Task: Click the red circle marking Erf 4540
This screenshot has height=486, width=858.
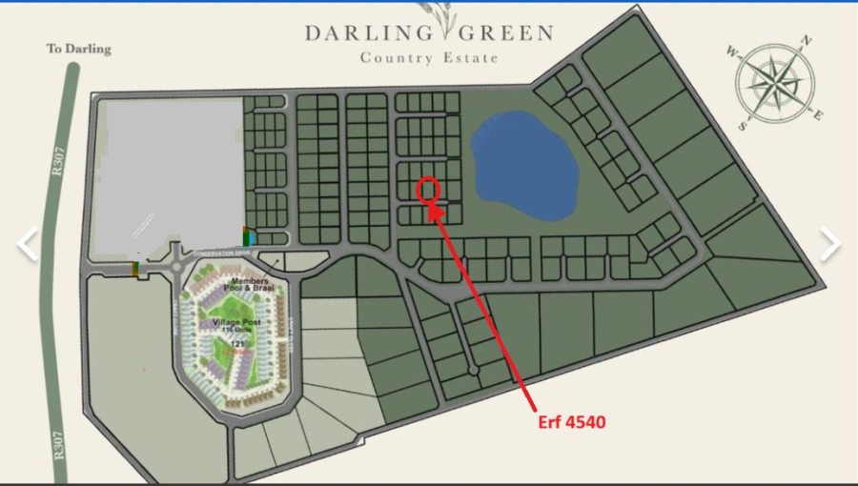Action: point(428,189)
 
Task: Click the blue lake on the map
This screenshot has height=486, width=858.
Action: point(523,164)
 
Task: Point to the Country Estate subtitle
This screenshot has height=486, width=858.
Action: point(428,58)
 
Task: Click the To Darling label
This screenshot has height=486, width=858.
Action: point(79,49)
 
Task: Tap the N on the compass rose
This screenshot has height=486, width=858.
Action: point(806,40)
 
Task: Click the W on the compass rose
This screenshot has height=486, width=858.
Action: point(732,51)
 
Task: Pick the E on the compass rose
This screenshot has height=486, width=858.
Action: point(817,114)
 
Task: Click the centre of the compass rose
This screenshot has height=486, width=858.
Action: point(775,82)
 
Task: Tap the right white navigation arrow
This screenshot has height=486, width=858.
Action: point(830,244)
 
